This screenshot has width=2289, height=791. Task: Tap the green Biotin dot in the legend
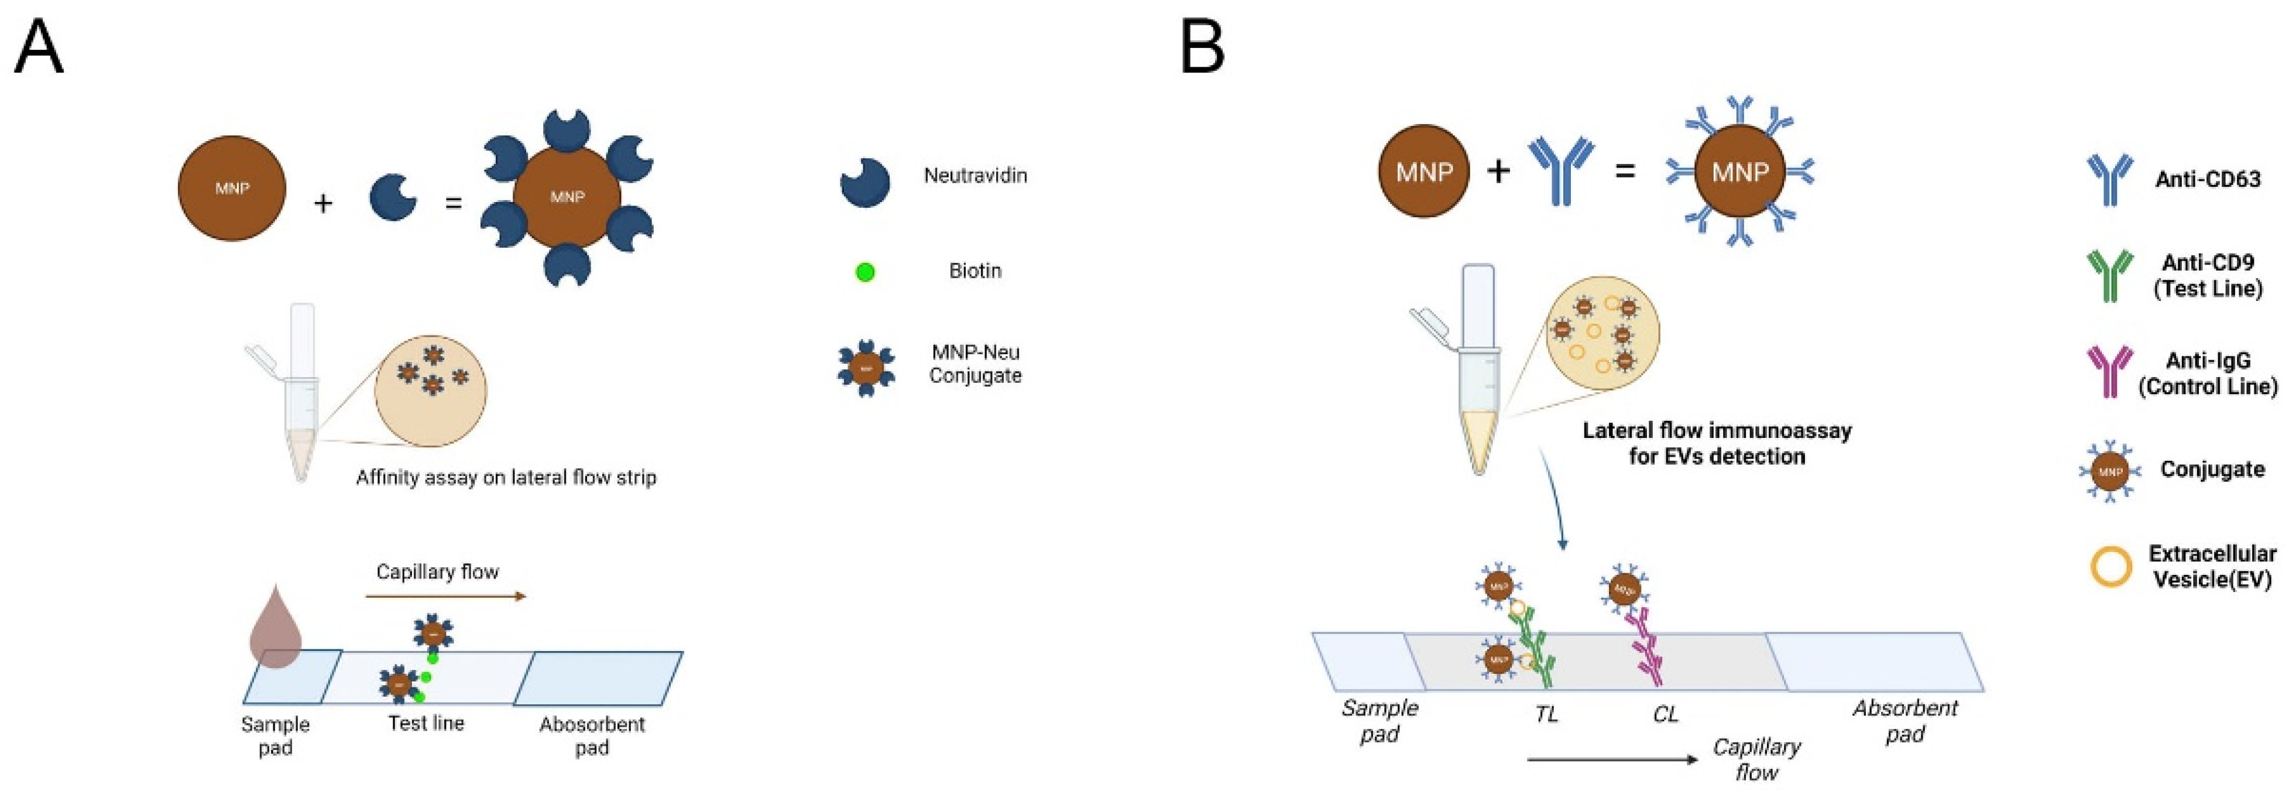[x=864, y=272]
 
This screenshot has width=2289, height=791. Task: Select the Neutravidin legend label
[x=975, y=175]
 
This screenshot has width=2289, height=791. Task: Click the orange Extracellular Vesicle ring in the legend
[x=2111, y=566]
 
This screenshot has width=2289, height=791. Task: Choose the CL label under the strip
[x=1665, y=714]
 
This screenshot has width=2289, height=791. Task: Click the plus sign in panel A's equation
[x=324, y=204]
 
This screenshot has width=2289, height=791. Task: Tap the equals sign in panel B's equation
[x=1624, y=170]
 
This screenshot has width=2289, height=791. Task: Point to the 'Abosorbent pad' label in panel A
[x=592, y=735]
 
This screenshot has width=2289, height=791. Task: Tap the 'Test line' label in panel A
[x=425, y=724]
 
